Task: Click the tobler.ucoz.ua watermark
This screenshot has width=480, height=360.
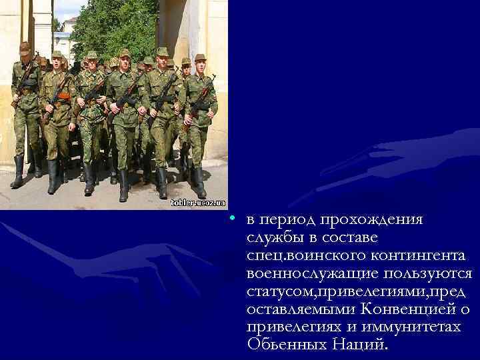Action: coord(198,203)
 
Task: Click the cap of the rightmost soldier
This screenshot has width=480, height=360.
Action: coord(200,57)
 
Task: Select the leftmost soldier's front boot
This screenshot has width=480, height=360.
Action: coord(18,173)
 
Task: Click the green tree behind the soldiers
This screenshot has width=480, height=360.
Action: coord(113,27)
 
